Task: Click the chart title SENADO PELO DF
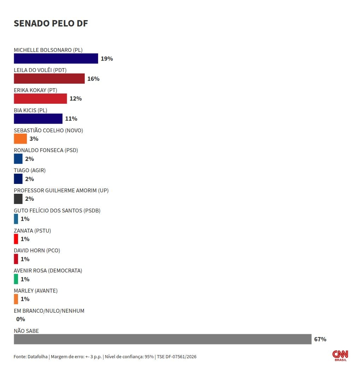tap(51, 23)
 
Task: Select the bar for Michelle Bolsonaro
tap(56, 58)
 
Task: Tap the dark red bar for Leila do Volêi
tap(49, 78)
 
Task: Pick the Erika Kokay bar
tap(40, 98)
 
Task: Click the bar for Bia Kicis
tap(38, 119)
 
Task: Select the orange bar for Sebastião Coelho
tap(20, 139)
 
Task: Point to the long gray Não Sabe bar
tap(163, 339)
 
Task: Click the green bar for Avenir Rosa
tap(16, 279)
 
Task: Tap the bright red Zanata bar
tap(16, 239)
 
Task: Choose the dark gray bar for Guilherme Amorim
tap(18, 199)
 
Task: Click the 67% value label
tap(320, 339)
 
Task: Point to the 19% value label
tap(107, 59)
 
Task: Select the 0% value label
tap(20, 319)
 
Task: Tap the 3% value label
tap(34, 139)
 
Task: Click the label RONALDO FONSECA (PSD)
tap(46, 150)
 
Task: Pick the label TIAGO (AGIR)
tap(30, 170)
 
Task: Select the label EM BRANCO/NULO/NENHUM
tap(49, 311)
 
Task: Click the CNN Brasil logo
tap(340, 355)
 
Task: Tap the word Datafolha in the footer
tap(37, 357)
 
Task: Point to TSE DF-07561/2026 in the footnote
tap(176, 357)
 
